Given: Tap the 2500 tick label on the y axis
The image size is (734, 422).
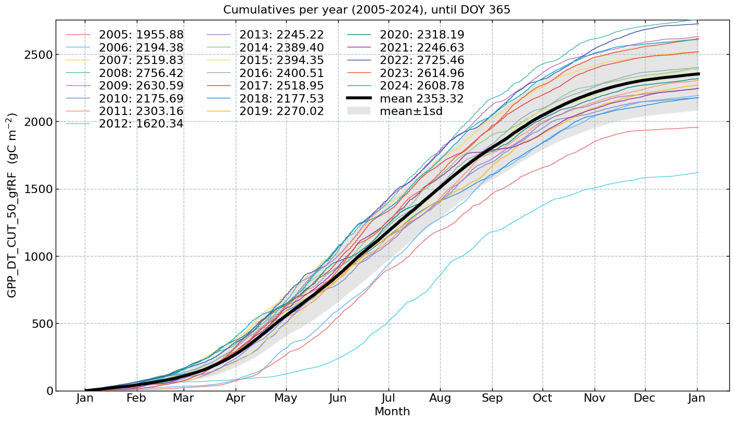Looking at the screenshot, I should [38, 55].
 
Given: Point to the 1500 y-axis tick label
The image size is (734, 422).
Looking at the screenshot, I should [38, 189].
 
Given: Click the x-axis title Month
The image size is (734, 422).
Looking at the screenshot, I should [392, 412].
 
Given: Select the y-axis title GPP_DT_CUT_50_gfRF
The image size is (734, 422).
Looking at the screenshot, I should [12, 205].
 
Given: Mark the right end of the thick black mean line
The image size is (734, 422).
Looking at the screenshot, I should [697, 74].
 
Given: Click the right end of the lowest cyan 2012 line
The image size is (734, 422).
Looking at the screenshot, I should [697, 173].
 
